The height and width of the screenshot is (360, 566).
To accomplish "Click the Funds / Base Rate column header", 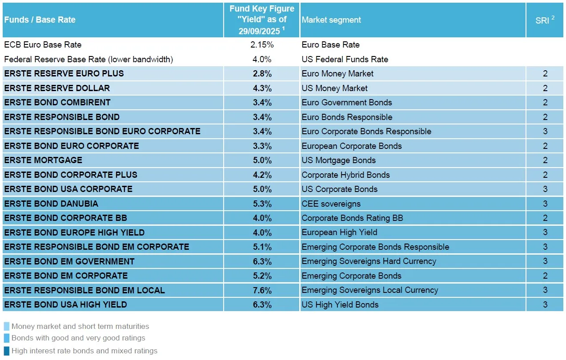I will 40,20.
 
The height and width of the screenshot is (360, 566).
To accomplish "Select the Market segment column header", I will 331,20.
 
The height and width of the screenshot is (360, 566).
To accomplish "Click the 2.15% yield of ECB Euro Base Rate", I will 262,45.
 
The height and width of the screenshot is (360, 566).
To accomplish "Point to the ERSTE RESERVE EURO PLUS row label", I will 64,74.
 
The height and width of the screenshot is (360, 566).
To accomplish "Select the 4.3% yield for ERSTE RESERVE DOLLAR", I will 262,88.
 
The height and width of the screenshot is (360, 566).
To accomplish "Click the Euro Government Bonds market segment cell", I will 347,103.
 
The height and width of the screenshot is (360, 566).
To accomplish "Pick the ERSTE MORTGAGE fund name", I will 43,160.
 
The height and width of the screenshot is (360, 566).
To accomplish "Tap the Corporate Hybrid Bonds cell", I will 345,175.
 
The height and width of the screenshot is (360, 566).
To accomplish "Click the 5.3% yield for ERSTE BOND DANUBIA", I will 262,204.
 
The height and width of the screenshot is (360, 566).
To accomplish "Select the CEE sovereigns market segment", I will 331,204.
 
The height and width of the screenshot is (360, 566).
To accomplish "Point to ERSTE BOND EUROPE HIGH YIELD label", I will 74,232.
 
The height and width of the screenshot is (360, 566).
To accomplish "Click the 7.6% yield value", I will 262,290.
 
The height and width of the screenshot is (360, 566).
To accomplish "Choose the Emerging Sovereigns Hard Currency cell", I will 369,261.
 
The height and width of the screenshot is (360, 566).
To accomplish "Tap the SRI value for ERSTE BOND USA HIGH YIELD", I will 545,305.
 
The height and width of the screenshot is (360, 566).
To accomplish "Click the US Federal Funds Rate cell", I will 345,59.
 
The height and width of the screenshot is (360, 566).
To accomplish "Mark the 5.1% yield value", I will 262,247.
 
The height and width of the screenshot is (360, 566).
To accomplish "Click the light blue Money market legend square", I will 6,327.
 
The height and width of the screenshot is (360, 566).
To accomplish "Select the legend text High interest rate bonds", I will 84,351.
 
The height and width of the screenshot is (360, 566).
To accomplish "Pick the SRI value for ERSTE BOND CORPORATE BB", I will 545,218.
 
